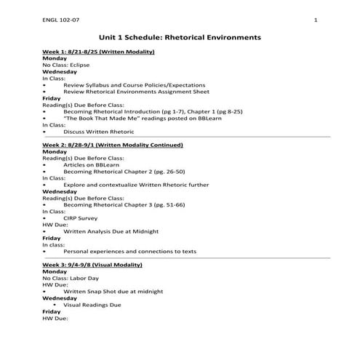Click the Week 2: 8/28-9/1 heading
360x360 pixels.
click(112, 145)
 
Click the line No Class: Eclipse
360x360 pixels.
click(65, 65)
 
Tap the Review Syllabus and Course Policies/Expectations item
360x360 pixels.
click(134, 85)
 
